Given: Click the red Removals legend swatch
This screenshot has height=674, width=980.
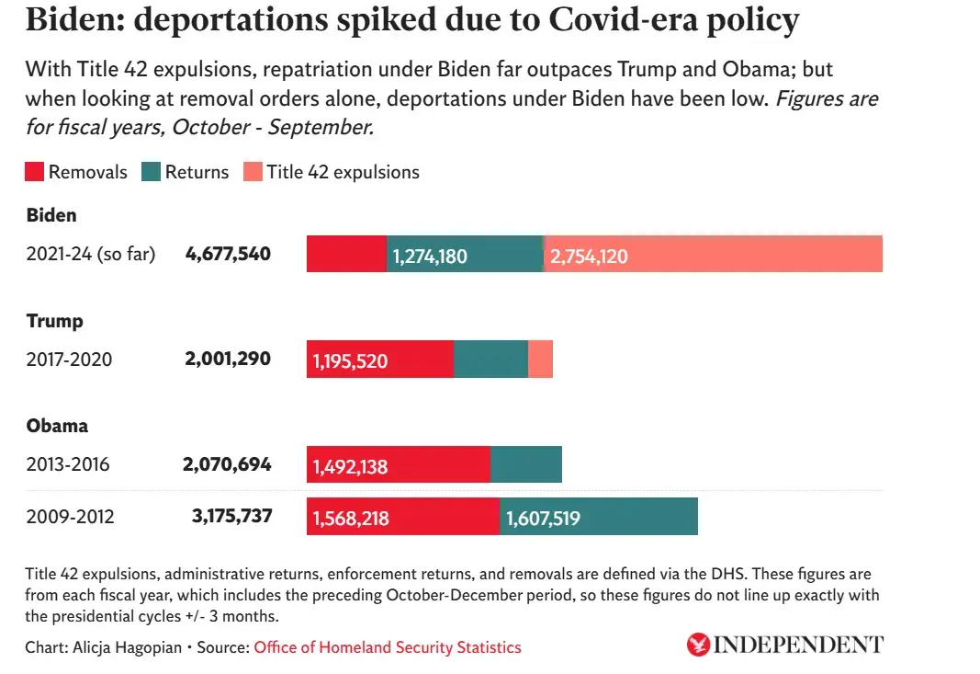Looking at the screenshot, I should click(x=35, y=172).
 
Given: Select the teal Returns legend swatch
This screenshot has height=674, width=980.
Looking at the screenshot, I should click(x=152, y=172).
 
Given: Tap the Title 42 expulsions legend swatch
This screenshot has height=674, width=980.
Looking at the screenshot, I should click(x=253, y=172).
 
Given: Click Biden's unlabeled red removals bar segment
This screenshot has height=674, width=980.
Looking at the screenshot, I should click(x=346, y=254).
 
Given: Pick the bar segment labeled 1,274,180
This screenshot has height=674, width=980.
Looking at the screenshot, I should click(x=465, y=254).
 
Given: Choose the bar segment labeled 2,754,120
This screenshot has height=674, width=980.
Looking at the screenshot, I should click(x=713, y=254).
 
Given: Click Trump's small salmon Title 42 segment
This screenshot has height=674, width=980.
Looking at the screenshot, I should click(x=541, y=359).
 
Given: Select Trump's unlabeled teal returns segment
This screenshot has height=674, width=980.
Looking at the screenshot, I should click(x=490, y=359).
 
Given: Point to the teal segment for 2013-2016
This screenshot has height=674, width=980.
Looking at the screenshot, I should click(x=525, y=464).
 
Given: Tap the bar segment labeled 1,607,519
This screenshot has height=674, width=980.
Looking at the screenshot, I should click(x=598, y=517).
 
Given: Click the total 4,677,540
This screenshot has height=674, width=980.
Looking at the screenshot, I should click(x=228, y=254).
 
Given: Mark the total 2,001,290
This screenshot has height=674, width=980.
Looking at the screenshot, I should click(x=228, y=359).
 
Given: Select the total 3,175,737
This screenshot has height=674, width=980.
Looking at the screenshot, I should click(x=231, y=516).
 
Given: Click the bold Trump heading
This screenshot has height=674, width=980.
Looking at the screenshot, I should click(x=54, y=321).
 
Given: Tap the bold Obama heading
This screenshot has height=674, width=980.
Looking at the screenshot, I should click(x=57, y=427).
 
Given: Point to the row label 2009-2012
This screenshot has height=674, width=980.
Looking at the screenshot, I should click(x=70, y=517).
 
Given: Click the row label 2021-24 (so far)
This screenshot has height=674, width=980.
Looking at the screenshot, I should click(x=91, y=255).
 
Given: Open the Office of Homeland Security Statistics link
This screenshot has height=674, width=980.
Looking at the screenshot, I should click(x=387, y=647).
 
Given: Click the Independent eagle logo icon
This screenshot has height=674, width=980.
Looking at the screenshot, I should click(x=698, y=645).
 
